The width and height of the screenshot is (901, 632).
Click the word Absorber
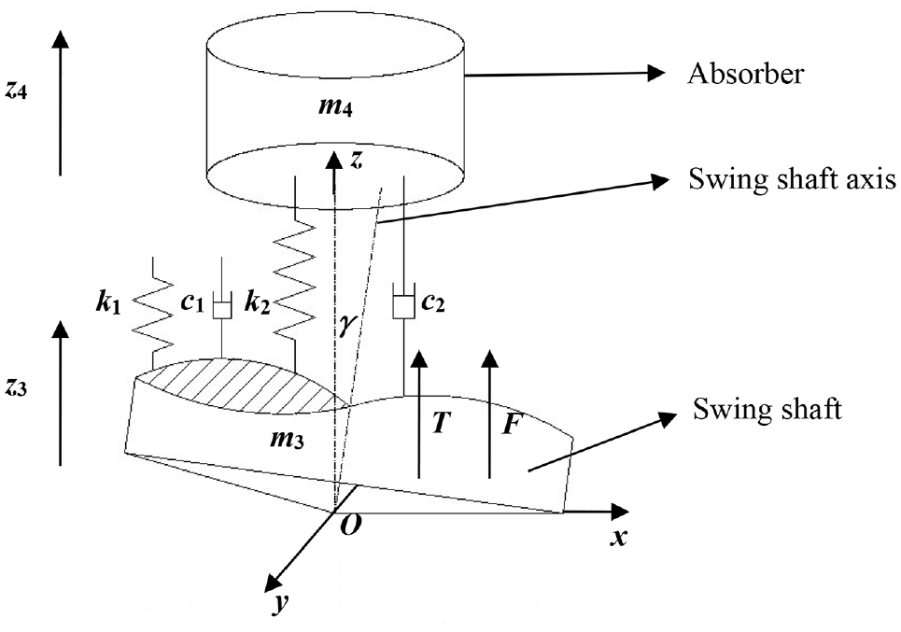point(745,74)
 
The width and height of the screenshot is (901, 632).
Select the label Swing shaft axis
point(793,180)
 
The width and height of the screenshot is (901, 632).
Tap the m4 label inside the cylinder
point(335,107)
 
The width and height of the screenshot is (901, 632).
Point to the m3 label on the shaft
point(287,440)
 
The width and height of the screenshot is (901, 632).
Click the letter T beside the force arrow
point(439,424)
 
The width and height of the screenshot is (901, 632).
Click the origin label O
point(348,526)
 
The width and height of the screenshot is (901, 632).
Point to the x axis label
point(618,539)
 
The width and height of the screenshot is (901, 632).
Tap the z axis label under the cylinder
point(357,161)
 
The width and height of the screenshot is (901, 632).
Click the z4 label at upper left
point(16,91)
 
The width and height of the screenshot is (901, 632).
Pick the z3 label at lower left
point(16,388)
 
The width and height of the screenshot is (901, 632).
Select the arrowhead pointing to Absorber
point(656,72)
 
